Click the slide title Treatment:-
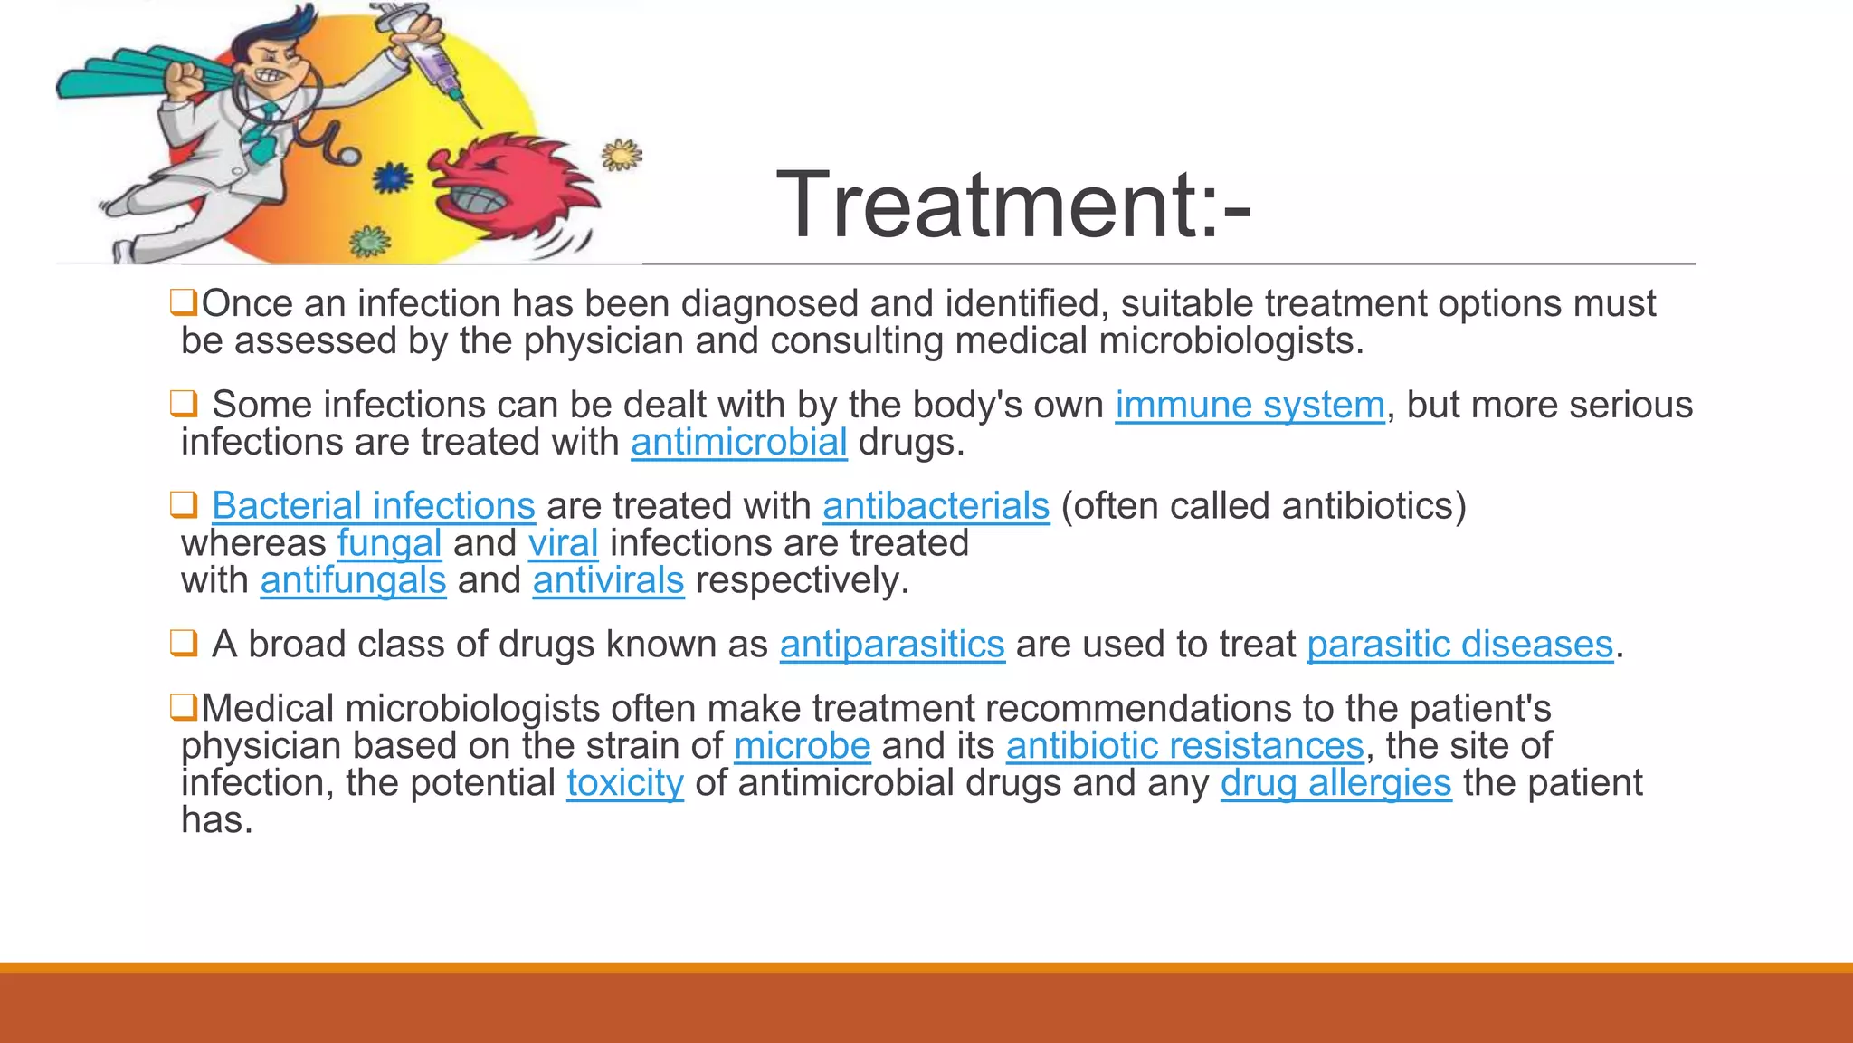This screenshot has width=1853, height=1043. click(1013, 206)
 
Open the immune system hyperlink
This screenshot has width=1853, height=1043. click(1250, 405)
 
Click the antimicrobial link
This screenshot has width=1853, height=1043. click(738, 442)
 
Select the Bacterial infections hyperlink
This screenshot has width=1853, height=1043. click(373, 505)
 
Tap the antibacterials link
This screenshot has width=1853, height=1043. click(936, 505)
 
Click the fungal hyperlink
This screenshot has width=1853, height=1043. click(389, 543)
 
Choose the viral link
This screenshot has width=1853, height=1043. click(563, 543)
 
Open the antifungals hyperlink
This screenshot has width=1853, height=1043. click(353, 580)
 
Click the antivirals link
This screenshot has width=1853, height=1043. click(608, 580)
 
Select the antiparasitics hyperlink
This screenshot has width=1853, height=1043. click(892, 645)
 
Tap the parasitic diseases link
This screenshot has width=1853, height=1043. click(1459, 645)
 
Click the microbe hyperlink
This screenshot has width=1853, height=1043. click(802, 746)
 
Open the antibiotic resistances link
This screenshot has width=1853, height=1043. click(1184, 746)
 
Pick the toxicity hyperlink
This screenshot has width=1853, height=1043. click(625, 783)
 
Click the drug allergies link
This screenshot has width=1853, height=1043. click(1335, 783)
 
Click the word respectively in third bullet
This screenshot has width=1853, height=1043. click(802, 580)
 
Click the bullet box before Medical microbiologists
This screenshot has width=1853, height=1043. click(184, 707)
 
